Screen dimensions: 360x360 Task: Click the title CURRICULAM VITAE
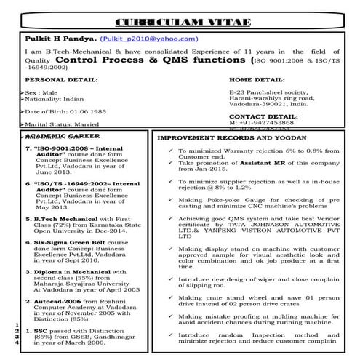180,17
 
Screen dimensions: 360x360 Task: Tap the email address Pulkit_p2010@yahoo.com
151,37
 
